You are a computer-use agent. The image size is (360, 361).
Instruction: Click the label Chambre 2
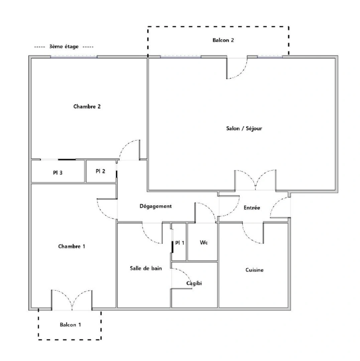[87, 107]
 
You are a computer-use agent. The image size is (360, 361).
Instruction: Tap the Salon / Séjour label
[244, 128]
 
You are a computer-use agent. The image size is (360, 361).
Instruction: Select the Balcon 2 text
[223, 40]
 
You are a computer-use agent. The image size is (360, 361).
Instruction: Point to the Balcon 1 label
[70, 325]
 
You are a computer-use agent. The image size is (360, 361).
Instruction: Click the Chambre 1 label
[72, 246]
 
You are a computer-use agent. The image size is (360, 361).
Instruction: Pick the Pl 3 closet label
[57, 173]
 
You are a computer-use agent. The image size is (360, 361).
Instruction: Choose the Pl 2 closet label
[100, 171]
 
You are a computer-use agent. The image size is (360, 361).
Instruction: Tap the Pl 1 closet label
[180, 243]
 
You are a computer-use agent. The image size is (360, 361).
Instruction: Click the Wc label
[204, 243]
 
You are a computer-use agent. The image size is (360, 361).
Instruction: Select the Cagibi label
[194, 283]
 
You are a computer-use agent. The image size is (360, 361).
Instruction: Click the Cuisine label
[254, 270]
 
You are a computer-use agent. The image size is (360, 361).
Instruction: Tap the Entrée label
[252, 208]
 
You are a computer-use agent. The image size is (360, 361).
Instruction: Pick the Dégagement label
[155, 206]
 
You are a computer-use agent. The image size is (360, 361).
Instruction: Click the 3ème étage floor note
[64, 47]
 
